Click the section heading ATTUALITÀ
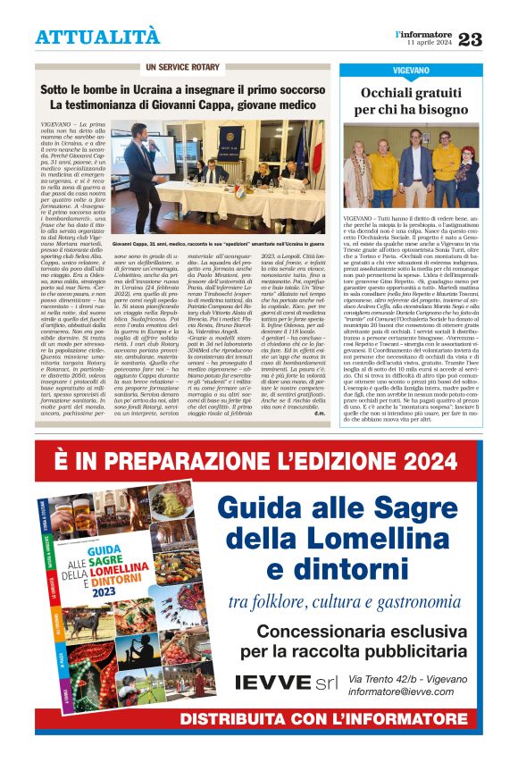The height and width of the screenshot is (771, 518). point(97,37)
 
